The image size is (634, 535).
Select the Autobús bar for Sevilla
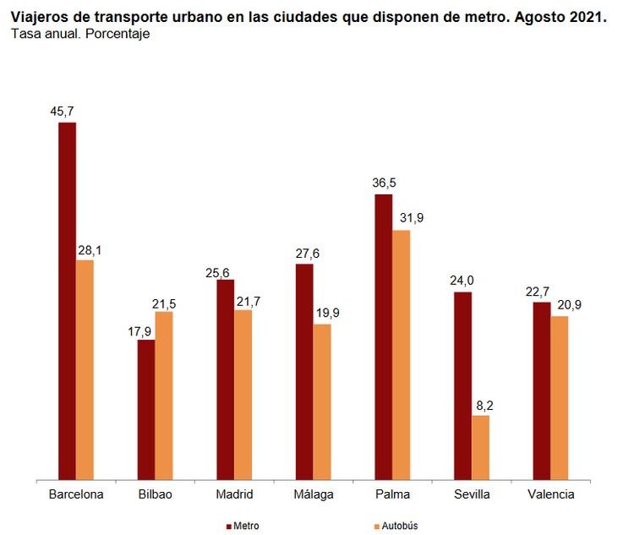coord(480,448)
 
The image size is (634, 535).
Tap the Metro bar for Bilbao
coord(146,410)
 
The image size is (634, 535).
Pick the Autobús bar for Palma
coord(402,355)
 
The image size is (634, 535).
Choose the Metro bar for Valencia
coord(542,391)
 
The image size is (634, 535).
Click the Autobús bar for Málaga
coord(322,402)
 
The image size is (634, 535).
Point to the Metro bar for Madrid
coord(226,379)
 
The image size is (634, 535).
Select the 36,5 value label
coord(383,183)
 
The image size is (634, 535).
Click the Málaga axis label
coord(314,494)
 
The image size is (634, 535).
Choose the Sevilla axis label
coord(472,494)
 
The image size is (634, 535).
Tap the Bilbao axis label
coord(155,494)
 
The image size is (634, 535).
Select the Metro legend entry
coord(243,526)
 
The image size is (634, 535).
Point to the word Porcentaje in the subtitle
coord(118,34)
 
